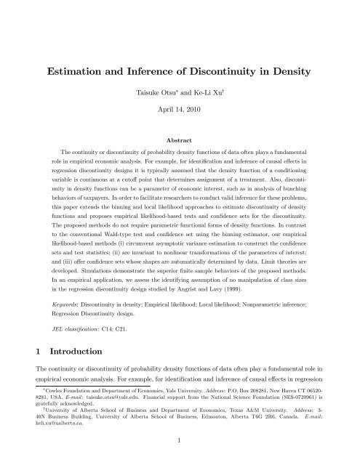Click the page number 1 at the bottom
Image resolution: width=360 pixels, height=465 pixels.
pyautogui.click(x=180, y=450)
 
